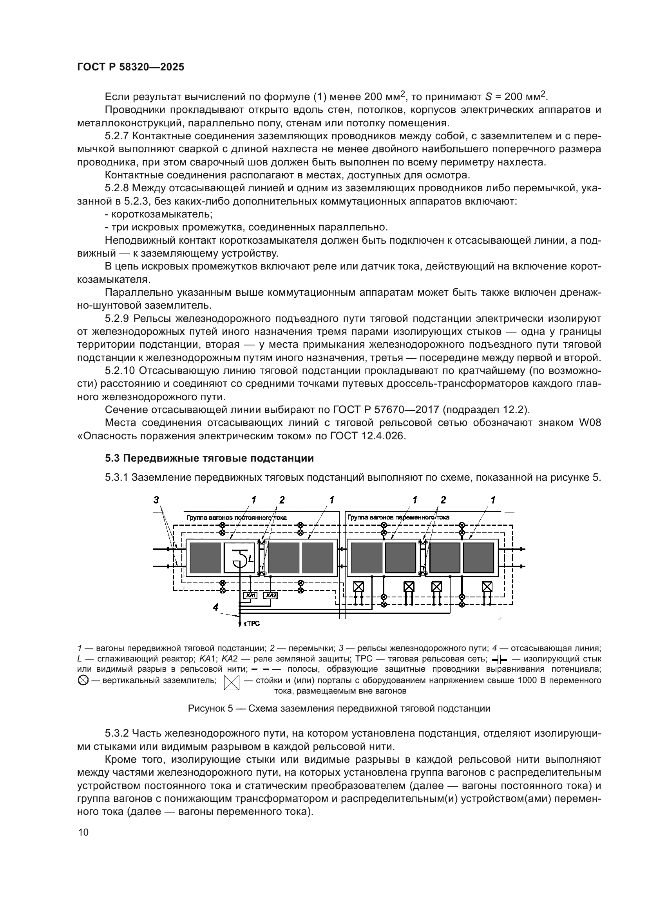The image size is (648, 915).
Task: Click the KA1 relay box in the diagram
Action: (x=250, y=596)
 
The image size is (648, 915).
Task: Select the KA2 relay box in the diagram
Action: (x=271, y=596)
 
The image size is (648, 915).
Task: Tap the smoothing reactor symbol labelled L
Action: (x=239, y=557)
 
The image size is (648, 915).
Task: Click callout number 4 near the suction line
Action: (x=215, y=607)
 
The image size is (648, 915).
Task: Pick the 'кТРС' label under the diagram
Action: (x=252, y=623)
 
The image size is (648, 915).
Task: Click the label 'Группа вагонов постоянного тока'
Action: (x=236, y=518)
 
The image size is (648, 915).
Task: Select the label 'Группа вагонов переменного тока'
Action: (x=398, y=517)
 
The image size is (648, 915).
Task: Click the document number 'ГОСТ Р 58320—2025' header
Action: (x=130, y=67)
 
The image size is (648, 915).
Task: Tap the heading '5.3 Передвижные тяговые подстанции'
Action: (x=209, y=458)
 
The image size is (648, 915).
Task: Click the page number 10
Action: (x=83, y=832)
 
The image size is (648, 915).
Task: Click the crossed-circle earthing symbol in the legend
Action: (x=83, y=681)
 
